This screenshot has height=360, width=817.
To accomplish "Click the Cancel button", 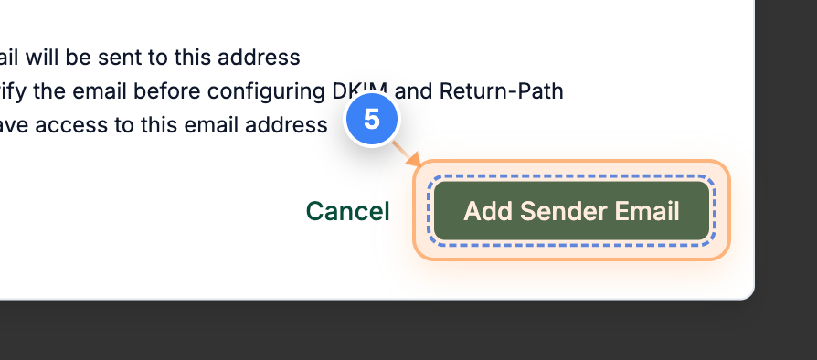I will click(x=347, y=212).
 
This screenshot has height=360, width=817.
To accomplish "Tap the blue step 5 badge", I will click(x=372, y=120).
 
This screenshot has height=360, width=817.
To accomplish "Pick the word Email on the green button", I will click(x=647, y=212).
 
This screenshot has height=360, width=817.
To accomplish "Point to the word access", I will click(x=77, y=125).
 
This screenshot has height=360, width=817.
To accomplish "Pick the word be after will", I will click(x=78, y=58).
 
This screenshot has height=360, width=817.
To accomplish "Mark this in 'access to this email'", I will click(x=163, y=125).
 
